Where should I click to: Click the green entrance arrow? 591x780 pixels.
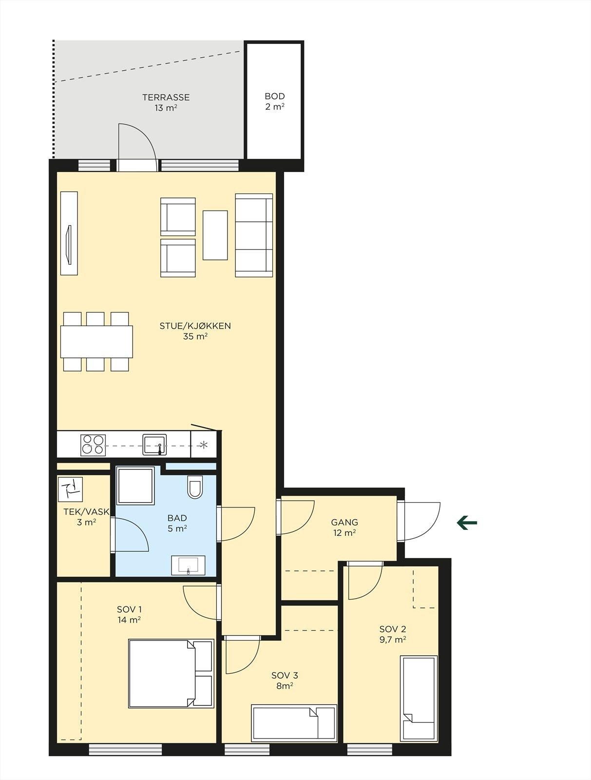click(x=467, y=523)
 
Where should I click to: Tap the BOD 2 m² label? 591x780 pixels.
click(x=275, y=101)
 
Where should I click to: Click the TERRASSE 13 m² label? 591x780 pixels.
click(x=166, y=102)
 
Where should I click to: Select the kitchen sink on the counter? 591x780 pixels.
click(x=154, y=445)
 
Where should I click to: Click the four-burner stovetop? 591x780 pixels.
click(x=93, y=445)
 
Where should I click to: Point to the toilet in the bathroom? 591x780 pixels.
click(x=195, y=487)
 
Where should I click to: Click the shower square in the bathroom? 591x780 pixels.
click(x=135, y=486)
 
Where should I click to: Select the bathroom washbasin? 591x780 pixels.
click(x=188, y=565)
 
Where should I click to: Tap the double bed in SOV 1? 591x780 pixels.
click(x=171, y=673)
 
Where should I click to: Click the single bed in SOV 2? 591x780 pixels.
click(x=418, y=698)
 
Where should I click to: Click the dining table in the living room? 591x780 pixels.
click(x=96, y=341)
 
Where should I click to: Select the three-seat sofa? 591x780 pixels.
click(x=254, y=235)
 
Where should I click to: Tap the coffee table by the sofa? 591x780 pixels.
click(x=215, y=235)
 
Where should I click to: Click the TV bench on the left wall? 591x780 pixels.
click(x=69, y=233)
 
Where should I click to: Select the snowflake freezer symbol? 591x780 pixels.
click(x=204, y=445)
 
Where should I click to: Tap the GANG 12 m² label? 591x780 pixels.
click(x=344, y=527)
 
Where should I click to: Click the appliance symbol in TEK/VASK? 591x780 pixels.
click(x=70, y=489)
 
